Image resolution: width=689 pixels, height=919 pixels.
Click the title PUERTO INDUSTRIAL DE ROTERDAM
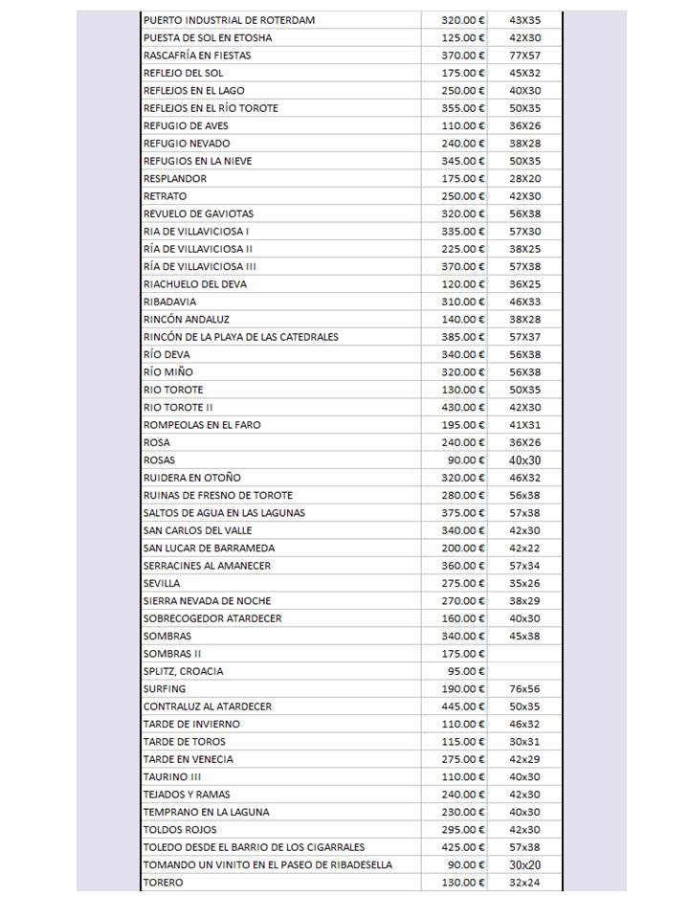[x=229, y=20]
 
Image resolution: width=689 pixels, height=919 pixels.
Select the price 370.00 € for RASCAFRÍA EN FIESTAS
[x=463, y=56]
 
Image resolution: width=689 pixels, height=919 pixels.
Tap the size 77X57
[x=524, y=56]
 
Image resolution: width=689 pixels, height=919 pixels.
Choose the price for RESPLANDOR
[x=463, y=178]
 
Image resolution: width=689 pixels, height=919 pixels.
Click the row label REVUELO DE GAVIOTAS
[x=198, y=213]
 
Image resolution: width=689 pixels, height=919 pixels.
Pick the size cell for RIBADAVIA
[x=524, y=302]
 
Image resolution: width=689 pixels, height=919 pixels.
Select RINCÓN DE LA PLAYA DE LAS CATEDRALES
[x=240, y=337]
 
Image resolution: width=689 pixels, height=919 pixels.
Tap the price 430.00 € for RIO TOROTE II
[x=463, y=407]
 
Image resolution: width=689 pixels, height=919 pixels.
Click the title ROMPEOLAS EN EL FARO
[x=201, y=425]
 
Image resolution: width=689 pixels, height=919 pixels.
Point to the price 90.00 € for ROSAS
[x=467, y=460]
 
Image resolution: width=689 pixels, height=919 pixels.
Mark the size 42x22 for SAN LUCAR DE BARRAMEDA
[x=524, y=549]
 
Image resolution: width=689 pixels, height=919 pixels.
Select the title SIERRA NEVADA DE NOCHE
[x=207, y=601]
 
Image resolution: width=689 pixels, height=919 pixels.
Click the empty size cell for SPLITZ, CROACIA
[x=524, y=671]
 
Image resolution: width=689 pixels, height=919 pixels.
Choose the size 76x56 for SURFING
[x=524, y=689]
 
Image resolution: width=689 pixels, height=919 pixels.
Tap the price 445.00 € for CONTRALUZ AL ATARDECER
[x=463, y=706]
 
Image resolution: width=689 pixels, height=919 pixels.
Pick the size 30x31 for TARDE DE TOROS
[x=524, y=742]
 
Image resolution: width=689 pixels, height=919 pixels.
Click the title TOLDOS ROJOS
[x=180, y=830]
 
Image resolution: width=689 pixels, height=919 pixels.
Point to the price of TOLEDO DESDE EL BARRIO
[x=463, y=847]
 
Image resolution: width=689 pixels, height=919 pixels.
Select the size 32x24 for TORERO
[x=524, y=883]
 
